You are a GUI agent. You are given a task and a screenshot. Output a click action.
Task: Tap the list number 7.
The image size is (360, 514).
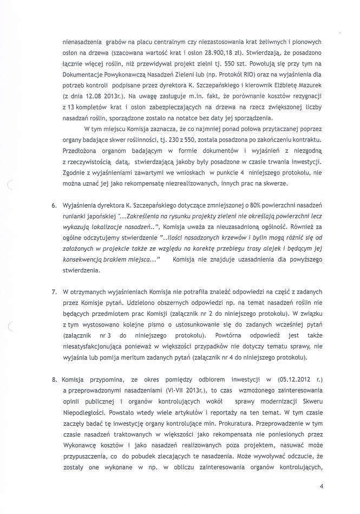[x=55, y=292]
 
